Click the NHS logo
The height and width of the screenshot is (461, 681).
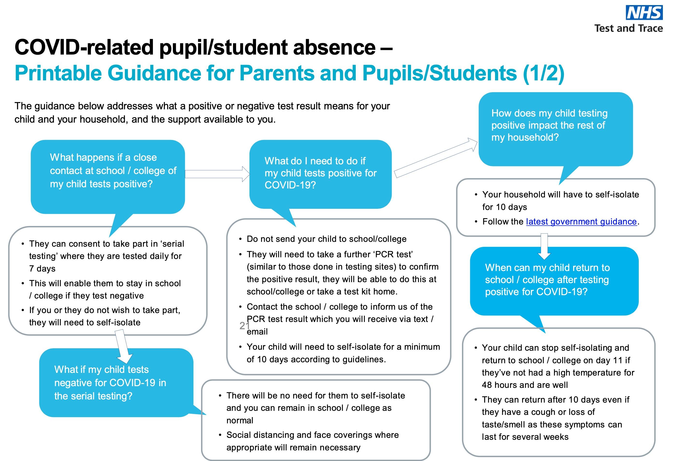click(x=644, y=13)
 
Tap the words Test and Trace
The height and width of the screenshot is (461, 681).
click(x=629, y=28)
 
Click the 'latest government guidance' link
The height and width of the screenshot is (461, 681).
click(x=581, y=222)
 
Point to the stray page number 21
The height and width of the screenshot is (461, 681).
click(x=244, y=325)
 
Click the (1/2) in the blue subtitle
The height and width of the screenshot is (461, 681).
click(x=544, y=73)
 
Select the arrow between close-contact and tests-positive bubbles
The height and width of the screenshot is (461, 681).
click(x=217, y=174)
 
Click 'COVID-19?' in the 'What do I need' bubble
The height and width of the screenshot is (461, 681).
click(x=290, y=185)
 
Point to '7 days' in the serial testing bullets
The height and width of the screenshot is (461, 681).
click(x=42, y=269)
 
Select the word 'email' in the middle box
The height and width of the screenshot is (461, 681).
click(x=257, y=332)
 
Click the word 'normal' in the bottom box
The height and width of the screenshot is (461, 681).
click(x=240, y=421)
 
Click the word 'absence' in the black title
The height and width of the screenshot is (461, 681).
click(x=334, y=48)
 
